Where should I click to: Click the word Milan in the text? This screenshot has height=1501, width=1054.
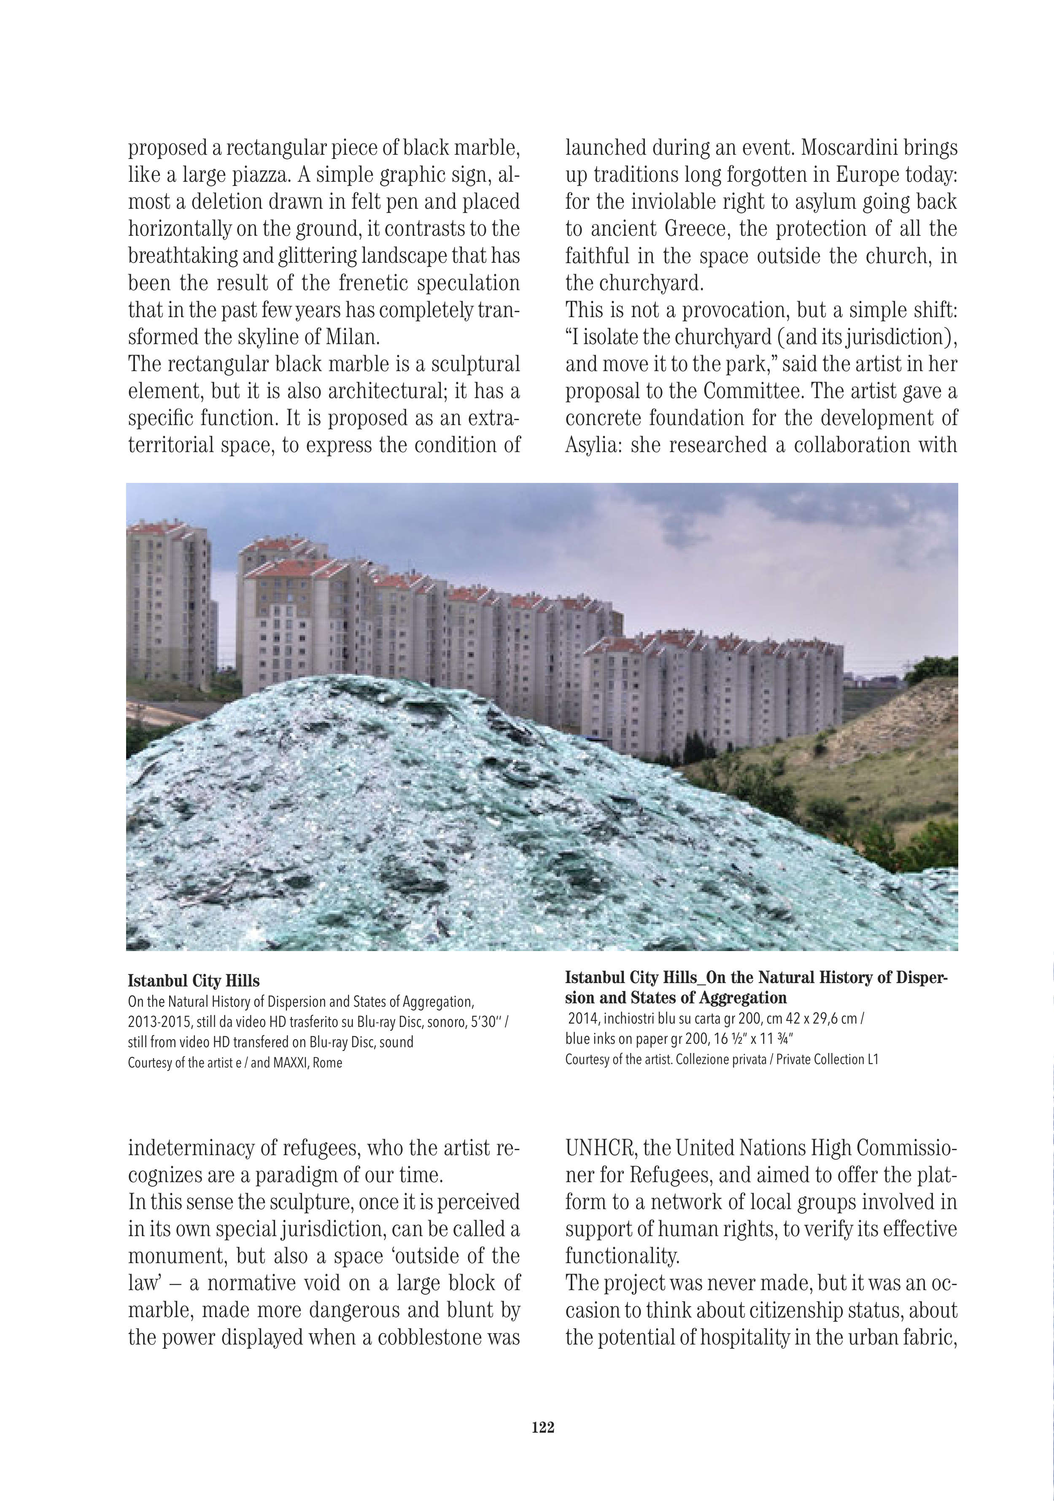click(354, 337)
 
